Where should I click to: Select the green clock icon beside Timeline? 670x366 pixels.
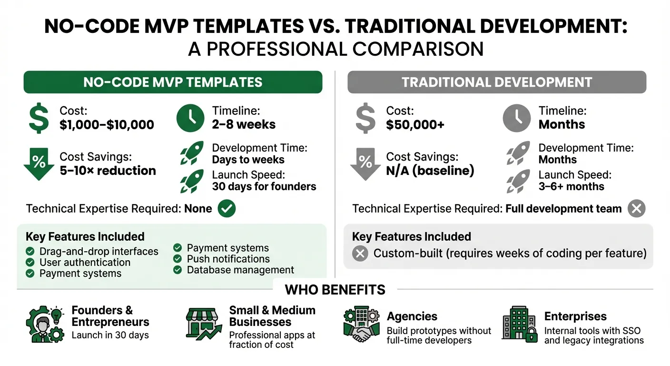pyautogui.click(x=190, y=118)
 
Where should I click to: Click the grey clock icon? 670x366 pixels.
pyautogui.click(x=517, y=118)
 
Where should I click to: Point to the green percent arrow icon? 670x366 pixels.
pyautogui.click(x=39, y=163)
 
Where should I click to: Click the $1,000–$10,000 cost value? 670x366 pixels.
pyautogui.click(x=107, y=125)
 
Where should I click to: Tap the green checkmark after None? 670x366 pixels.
pyautogui.click(x=227, y=209)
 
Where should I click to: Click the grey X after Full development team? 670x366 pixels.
pyautogui.click(x=636, y=209)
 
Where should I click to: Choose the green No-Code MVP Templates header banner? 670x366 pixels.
pyautogui.click(x=173, y=82)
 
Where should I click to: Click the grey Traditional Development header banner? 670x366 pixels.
pyautogui.click(x=497, y=82)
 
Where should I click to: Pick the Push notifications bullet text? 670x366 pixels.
pyautogui.click(x=228, y=259)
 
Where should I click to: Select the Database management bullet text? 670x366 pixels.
pyautogui.click(x=240, y=270)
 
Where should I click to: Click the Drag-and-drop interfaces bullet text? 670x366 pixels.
pyautogui.click(x=99, y=251)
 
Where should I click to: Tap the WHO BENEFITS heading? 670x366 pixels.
pyautogui.click(x=335, y=289)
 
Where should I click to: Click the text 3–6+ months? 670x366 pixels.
pyautogui.click(x=571, y=186)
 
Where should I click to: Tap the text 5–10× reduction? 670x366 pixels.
pyautogui.click(x=108, y=171)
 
